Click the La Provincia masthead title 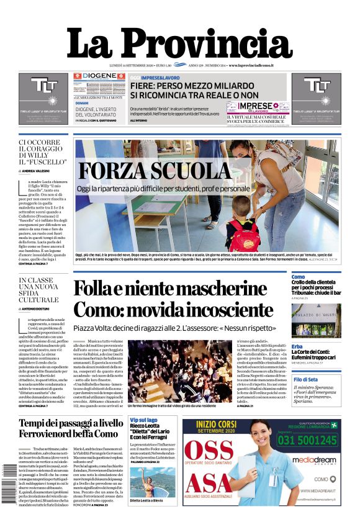179,43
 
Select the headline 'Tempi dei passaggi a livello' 70,423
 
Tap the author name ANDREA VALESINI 44,171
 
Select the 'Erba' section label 297,346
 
